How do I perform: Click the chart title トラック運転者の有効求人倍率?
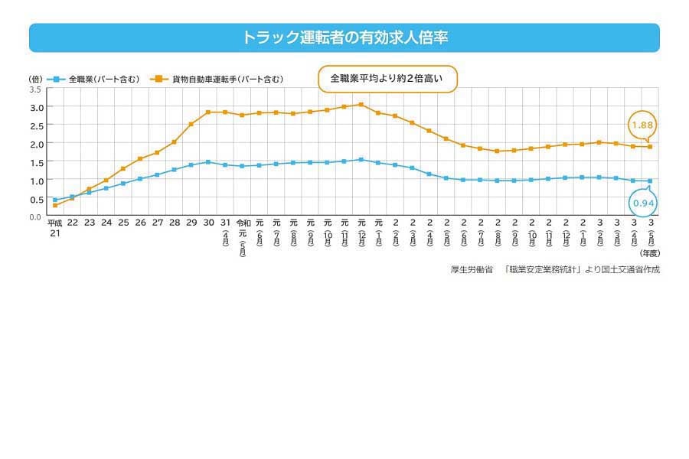[x=344, y=37]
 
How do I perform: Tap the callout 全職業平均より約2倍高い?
[x=387, y=79]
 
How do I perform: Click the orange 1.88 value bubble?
[x=643, y=124]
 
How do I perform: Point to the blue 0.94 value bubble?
[x=643, y=203]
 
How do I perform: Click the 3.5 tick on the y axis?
[x=35, y=89]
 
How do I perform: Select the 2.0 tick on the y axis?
[x=35, y=144]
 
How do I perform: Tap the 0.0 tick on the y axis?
[x=35, y=216]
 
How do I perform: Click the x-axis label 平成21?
[x=54, y=227]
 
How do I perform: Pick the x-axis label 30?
[x=207, y=223]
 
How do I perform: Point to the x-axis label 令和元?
[x=243, y=227]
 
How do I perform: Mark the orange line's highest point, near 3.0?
[x=361, y=105]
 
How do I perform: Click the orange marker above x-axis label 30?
[x=207, y=112]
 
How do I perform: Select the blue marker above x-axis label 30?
[x=207, y=162]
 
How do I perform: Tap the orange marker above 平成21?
[x=55, y=206]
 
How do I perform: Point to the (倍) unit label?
[x=35, y=79]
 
